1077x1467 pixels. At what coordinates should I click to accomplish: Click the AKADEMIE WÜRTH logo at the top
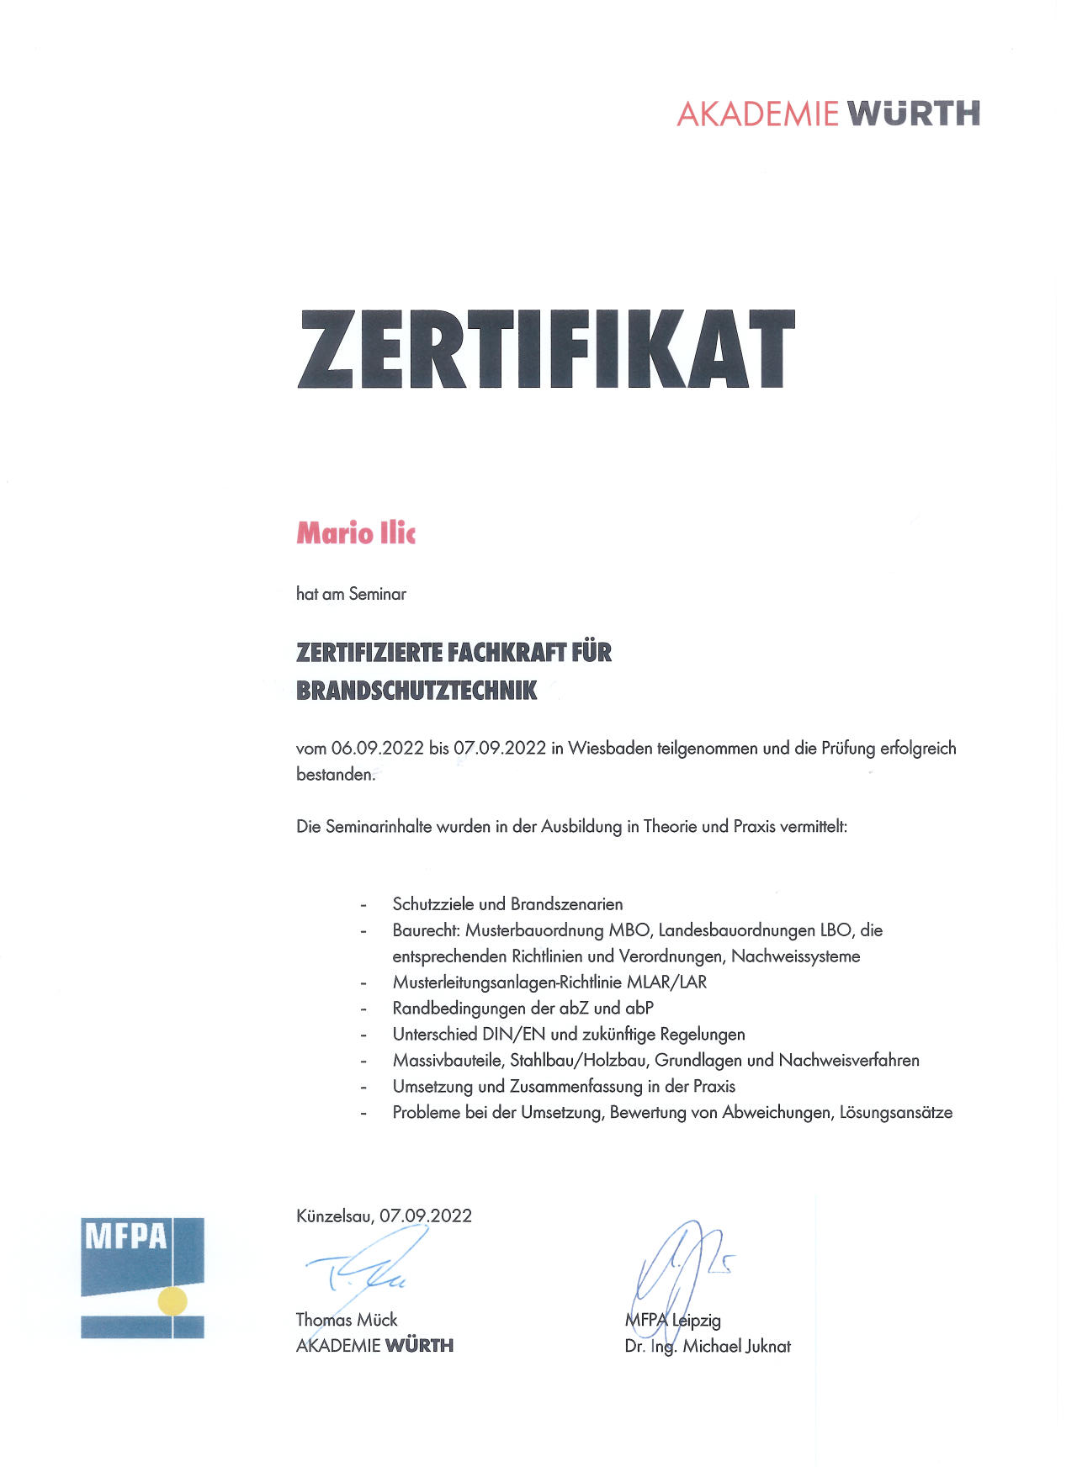pyautogui.click(x=828, y=114)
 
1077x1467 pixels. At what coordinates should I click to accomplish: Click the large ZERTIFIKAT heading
pyautogui.click(x=546, y=349)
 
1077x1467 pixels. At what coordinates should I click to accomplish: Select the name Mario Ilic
pyautogui.click(x=356, y=533)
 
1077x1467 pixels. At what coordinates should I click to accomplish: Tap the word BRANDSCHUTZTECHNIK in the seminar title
pyautogui.click(x=416, y=691)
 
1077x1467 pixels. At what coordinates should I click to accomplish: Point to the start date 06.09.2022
pyautogui.click(x=377, y=748)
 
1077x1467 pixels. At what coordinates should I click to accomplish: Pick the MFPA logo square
pyautogui.click(x=142, y=1277)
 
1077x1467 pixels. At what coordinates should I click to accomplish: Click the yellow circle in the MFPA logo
pyautogui.click(x=173, y=1300)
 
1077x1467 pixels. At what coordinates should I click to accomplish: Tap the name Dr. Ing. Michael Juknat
pyautogui.click(x=708, y=1346)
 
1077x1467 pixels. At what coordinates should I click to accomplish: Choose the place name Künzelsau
pyautogui.click(x=335, y=1215)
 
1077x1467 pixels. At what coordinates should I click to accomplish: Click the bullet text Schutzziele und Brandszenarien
pyautogui.click(x=507, y=904)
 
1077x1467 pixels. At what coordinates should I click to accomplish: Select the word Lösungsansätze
pyautogui.click(x=896, y=1112)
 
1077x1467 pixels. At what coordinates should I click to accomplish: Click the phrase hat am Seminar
pyautogui.click(x=351, y=594)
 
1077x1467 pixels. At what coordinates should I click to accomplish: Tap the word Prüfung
pyautogui.click(x=848, y=748)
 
